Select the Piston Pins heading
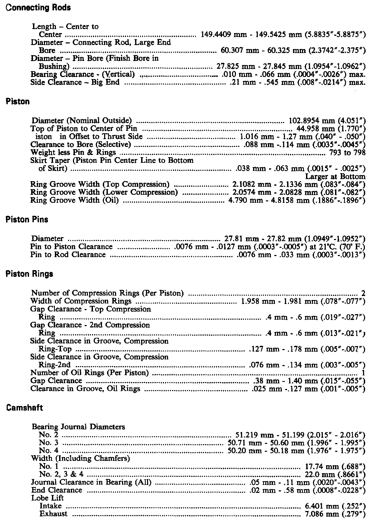pos(27,220)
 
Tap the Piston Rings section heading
pos(29,274)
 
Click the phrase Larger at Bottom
pos(335,176)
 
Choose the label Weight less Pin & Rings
pos(73,152)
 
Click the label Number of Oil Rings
pos(89,372)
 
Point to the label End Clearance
pos(57,490)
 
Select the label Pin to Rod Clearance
pos(68,254)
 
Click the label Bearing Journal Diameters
pos(78,427)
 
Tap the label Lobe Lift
pos(47,498)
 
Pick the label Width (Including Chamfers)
pos(80,458)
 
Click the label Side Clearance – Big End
pos(75,82)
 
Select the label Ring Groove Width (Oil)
pos(75,200)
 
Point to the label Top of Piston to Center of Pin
pos(84,128)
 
